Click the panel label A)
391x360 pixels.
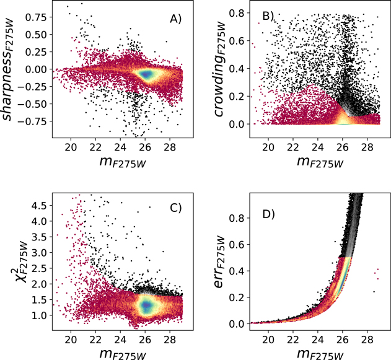pos(175,19)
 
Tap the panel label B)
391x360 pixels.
pos(268,15)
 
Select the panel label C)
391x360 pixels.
pos(175,208)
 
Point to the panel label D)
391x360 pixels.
pos(268,214)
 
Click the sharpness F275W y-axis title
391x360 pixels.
pos(7,69)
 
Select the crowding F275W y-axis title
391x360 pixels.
pos(220,69)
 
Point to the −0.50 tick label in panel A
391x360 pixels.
pos(35,104)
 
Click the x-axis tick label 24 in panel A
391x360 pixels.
pos(120,147)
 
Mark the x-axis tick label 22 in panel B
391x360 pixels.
pos(293,147)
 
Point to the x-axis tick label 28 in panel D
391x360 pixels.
pos(367,340)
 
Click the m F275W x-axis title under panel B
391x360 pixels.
pos(320,162)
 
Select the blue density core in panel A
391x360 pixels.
pos(146,74)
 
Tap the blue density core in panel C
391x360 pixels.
pos(146,305)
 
